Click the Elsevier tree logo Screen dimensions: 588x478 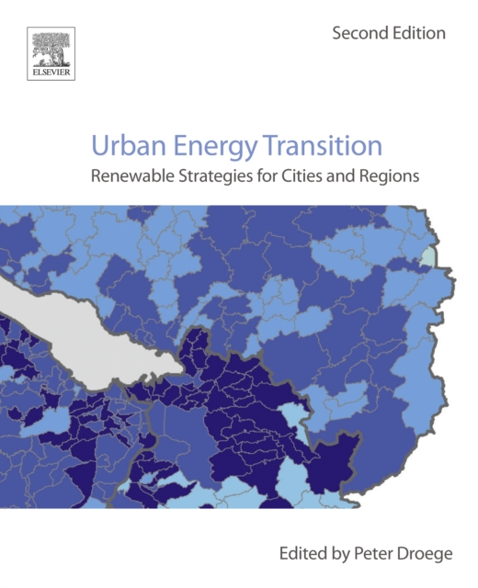pos(51,49)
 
